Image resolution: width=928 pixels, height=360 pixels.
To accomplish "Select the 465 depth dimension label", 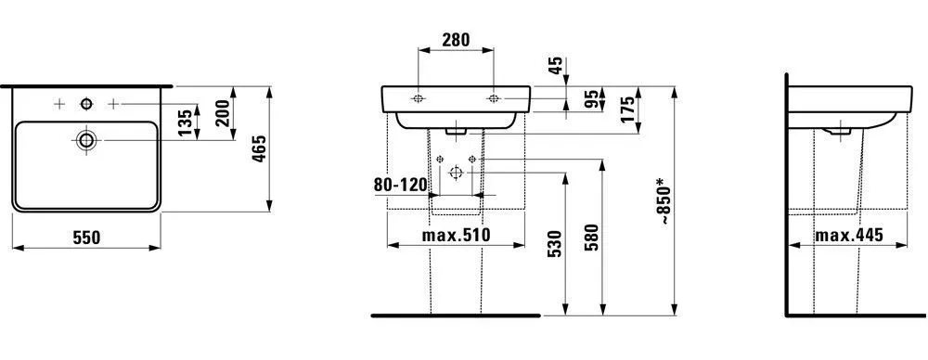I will point(260,148).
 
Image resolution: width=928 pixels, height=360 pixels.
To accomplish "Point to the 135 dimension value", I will point(186,121).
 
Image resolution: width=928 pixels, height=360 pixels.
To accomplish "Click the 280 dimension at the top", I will point(455,40).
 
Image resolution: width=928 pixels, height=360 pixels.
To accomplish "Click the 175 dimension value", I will point(627,109).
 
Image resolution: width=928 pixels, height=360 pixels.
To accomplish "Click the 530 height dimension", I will point(554,242).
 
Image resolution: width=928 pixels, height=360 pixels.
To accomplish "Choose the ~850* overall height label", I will point(664,199).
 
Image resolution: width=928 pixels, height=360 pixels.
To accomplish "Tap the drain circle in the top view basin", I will point(87,140).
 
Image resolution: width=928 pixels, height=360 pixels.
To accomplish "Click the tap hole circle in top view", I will point(86,103).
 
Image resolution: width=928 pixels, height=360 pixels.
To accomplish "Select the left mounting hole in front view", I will point(418,97).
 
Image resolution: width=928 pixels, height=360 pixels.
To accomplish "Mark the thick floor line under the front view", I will point(455,315).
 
